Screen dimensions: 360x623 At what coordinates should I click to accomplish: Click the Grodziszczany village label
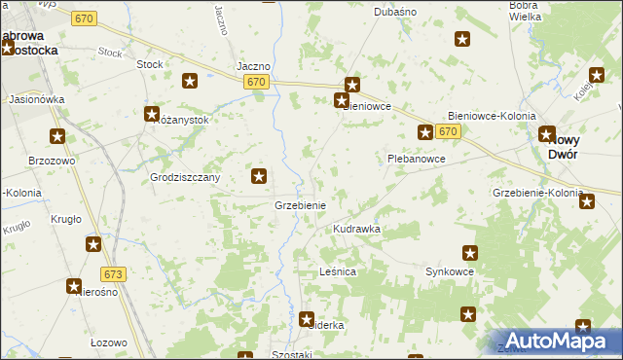click(x=185, y=178)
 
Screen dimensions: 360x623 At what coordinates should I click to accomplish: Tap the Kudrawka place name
click(x=356, y=229)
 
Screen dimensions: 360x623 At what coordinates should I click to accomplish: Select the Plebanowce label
click(x=416, y=158)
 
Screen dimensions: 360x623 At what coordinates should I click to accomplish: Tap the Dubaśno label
click(x=395, y=13)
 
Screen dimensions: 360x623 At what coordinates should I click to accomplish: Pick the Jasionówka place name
click(x=36, y=99)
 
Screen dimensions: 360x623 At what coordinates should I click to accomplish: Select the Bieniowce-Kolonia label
click(x=492, y=116)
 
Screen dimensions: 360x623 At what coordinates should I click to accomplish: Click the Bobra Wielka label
click(x=525, y=11)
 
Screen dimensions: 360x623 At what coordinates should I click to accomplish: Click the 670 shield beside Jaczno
click(x=256, y=82)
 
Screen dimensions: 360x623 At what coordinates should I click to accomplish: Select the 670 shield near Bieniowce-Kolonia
click(x=448, y=131)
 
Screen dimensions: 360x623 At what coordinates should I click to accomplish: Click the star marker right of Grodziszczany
click(x=259, y=176)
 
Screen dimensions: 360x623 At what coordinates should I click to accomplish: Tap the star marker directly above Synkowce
click(x=470, y=253)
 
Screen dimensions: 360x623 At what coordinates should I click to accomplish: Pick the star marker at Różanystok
click(x=152, y=114)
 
